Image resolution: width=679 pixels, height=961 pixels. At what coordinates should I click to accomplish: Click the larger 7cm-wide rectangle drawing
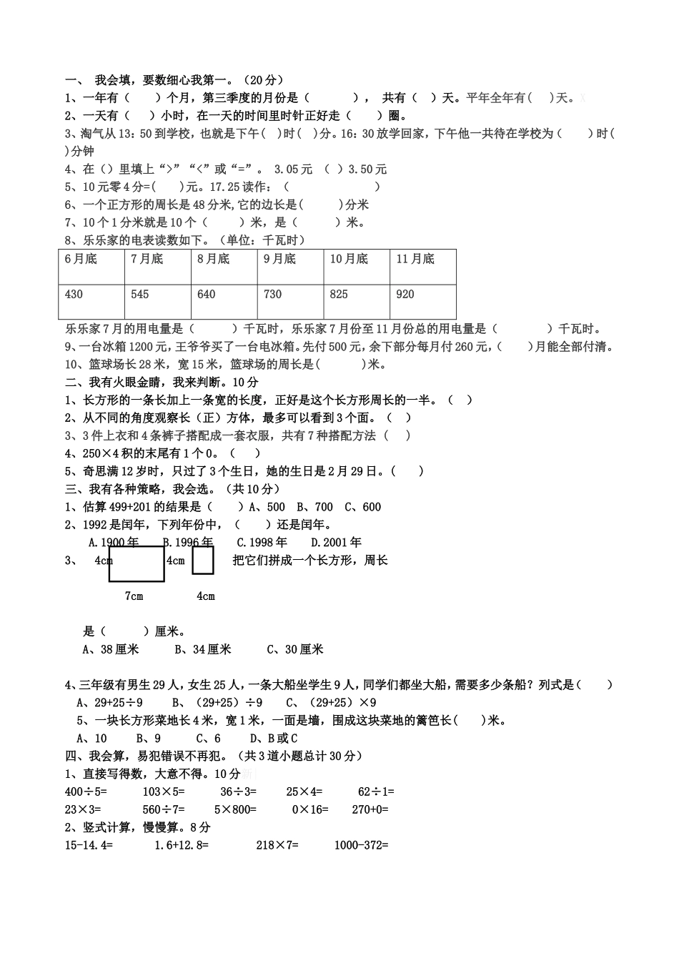(x=137, y=564)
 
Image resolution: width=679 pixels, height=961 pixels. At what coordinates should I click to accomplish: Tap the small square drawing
(x=203, y=560)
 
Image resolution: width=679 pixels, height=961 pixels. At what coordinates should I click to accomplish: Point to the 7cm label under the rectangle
(x=134, y=596)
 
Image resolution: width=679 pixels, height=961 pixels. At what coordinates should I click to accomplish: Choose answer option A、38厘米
(x=111, y=649)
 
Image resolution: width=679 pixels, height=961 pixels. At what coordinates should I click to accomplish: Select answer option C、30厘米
(x=295, y=649)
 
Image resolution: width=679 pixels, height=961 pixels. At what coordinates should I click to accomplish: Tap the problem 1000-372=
(x=362, y=844)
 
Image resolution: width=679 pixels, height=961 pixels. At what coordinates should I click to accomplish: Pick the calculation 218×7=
(x=277, y=844)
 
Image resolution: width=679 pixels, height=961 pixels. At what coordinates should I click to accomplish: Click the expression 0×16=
(x=310, y=809)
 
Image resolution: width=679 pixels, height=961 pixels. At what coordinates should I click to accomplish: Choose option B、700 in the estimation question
(x=315, y=507)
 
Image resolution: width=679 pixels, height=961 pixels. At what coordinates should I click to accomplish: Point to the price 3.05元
(x=294, y=169)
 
